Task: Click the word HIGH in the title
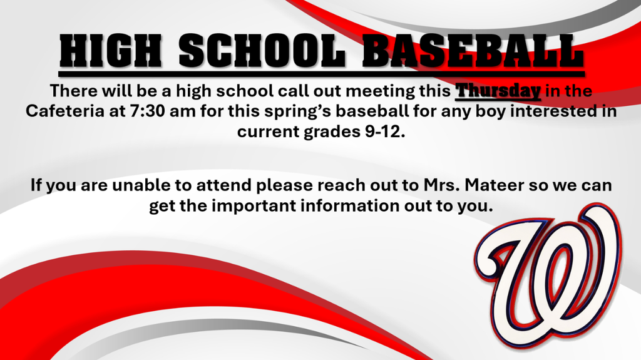pyautogui.click(x=111, y=50)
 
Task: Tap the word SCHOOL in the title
pyautogui.click(x=257, y=50)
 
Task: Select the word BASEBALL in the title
pyautogui.click(x=472, y=50)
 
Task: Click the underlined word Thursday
pyautogui.click(x=498, y=91)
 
